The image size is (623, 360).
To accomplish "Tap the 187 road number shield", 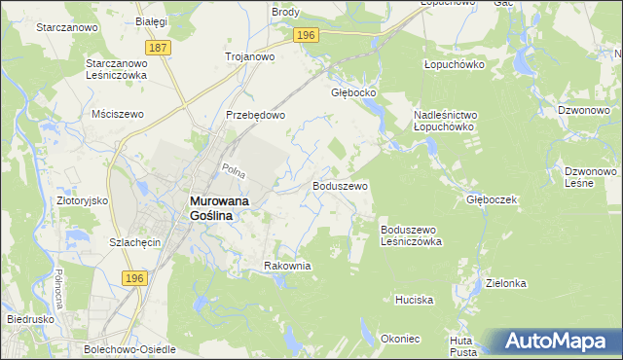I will (x=159, y=47).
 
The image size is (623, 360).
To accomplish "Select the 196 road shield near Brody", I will (x=306, y=35).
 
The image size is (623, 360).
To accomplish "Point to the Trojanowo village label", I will (x=250, y=56).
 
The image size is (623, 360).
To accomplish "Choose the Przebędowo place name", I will (x=255, y=114).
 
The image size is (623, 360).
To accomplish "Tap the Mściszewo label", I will (x=117, y=114).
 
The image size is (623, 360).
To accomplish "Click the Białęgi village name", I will (x=152, y=20).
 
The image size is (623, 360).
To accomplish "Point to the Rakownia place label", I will (x=287, y=266).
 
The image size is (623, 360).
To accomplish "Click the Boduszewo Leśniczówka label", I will (x=412, y=234).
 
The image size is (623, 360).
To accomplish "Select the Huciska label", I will (x=414, y=300).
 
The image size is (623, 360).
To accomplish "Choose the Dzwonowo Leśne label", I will (x=586, y=177).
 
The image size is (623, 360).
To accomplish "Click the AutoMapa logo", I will (x=559, y=341).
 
